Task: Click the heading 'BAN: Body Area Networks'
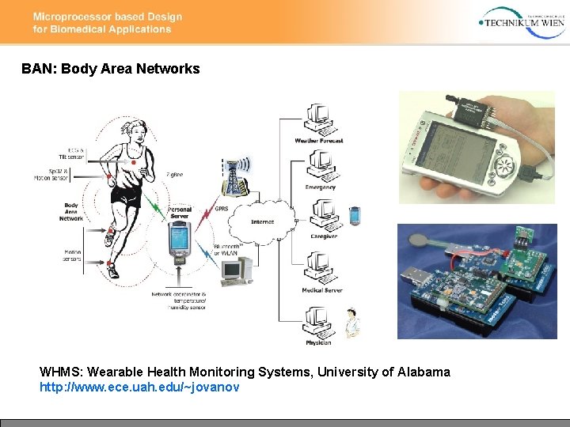pos(111,69)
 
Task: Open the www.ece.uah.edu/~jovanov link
pos(139,387)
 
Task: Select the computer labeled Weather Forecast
pos(321,119)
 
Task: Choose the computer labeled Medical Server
pos(321,267)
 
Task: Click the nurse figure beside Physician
pos(349,324)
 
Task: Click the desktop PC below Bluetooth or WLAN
pos(234,271)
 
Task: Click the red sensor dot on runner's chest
pos(132,162)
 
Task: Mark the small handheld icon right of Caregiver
pos(355,214)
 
